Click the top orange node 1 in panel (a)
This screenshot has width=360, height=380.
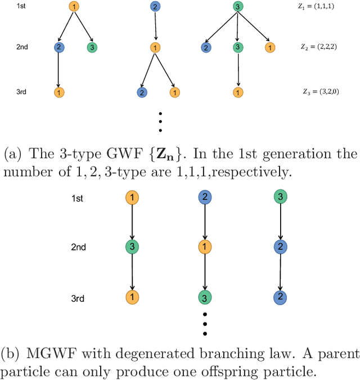(75, 7)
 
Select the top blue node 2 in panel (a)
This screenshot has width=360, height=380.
(155, 7)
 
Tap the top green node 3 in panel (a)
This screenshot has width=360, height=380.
(238, 7)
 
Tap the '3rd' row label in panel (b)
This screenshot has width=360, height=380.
(78, 298)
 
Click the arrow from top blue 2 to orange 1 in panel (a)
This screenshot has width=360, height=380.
(155, 27)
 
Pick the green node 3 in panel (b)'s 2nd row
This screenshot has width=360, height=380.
(131, 247)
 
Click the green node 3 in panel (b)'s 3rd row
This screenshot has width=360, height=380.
(205, 298)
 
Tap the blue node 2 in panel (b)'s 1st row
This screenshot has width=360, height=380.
(205, 198)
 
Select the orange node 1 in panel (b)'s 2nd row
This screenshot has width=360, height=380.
(205, 247)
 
